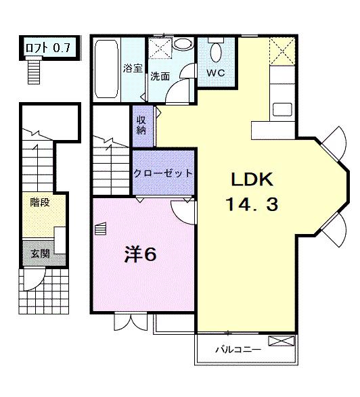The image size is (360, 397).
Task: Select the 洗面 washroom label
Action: [160, 76]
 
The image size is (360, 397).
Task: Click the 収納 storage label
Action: [141, 125]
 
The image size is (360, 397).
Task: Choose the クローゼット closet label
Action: [163, 173]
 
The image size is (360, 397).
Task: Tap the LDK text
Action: [251, 180]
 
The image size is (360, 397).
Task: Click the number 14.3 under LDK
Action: [251, 204]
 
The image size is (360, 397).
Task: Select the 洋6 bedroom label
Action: [140, 254]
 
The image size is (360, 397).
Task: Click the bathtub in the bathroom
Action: [106, 70]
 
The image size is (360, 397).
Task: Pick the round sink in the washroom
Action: [182, 44]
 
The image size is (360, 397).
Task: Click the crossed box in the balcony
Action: [278, 341]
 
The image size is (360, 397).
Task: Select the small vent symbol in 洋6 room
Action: [102, 230]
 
